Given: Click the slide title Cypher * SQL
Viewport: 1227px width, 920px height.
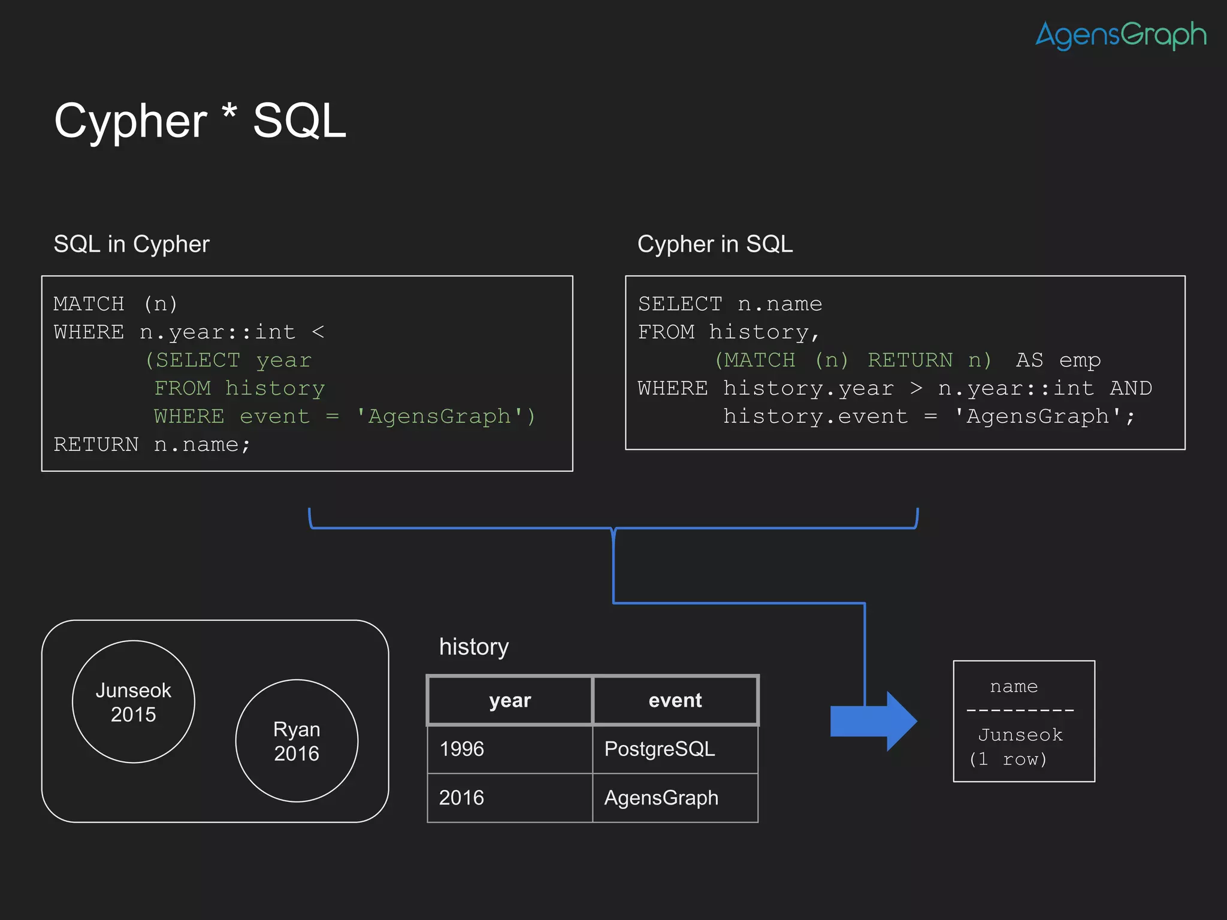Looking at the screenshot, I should click(x=200, y=121).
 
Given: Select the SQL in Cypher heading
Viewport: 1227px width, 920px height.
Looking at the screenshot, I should click(x=131, y=244).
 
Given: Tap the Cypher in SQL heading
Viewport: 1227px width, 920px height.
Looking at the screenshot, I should click(x=715, y=244).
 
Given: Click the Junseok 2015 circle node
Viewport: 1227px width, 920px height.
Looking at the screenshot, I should click(x=134, y=702).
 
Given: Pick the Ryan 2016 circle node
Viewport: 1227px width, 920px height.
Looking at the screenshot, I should click(x=297, y=741).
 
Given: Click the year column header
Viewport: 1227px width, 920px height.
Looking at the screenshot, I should click(x=510, y=700).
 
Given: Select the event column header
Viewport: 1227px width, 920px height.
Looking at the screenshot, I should click(x=675, y=700).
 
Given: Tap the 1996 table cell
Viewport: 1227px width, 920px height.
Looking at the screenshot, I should click(x=462, y=749).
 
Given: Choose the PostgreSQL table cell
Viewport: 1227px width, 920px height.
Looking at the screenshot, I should click(x=660, y=749).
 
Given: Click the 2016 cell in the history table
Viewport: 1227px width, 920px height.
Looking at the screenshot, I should click(x=461, y=798).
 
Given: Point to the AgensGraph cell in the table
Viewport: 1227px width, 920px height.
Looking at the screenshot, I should click(x=661, y=798).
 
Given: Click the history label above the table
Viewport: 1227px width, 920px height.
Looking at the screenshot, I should click(x=474, y=647).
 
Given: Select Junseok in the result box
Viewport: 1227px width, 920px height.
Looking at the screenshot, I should click(x=1020, y=735).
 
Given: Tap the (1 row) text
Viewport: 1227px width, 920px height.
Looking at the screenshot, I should click(x=1008, y=759).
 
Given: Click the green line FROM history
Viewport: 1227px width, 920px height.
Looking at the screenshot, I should click(x=240, y=388).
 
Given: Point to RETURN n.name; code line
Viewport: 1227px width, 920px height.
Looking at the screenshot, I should click(x=152, y=444).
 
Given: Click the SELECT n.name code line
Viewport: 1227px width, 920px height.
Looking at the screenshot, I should click(x=730, y=304).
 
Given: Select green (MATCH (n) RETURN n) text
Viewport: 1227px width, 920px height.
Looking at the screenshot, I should click(x=853, y=360).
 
